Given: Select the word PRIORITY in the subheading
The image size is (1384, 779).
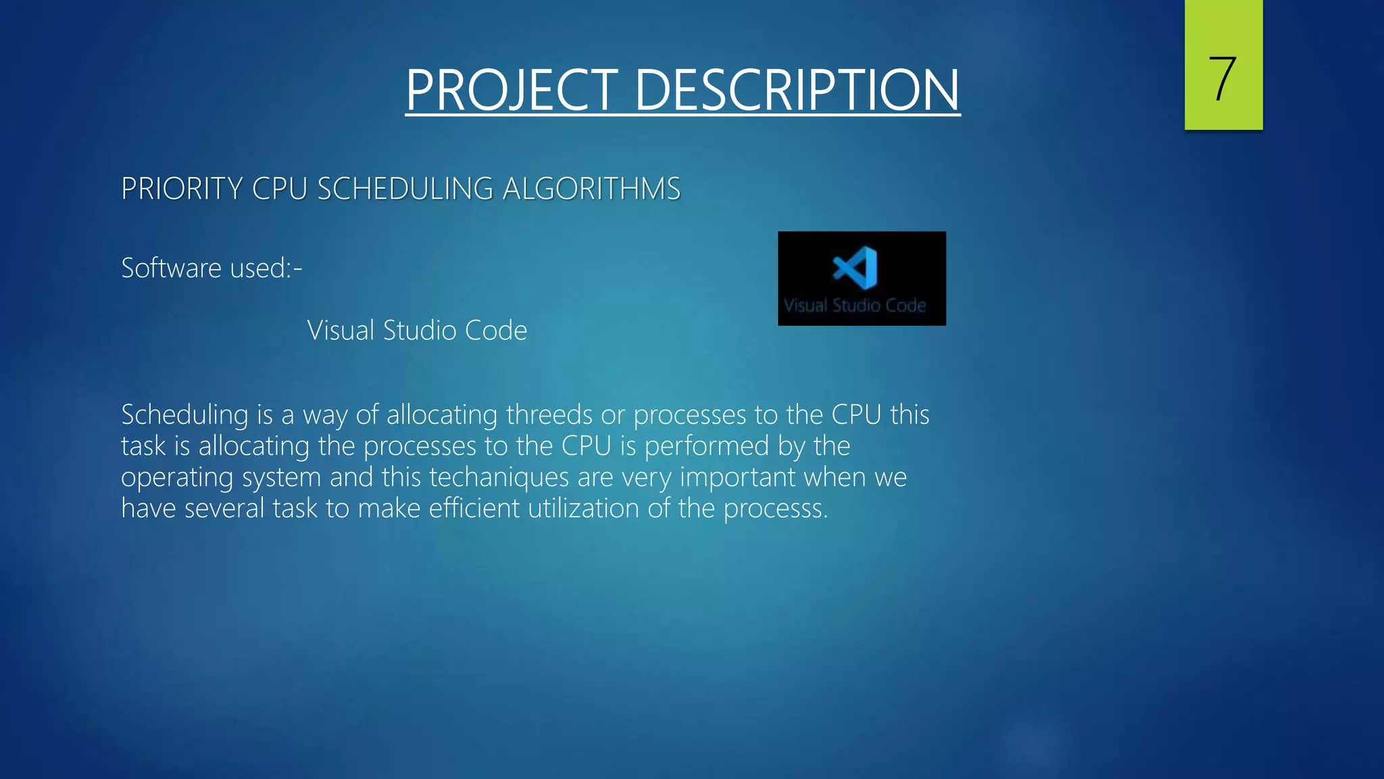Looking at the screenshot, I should pos(181,189).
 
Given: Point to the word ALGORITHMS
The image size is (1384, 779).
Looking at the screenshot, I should pos(591,189).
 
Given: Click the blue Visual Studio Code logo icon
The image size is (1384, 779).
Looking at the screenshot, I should pos(856,268).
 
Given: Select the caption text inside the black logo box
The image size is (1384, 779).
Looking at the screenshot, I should pos(854,306).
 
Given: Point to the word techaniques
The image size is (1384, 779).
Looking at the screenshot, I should pos(499,477).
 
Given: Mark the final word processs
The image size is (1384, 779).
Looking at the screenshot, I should pos(775,509).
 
